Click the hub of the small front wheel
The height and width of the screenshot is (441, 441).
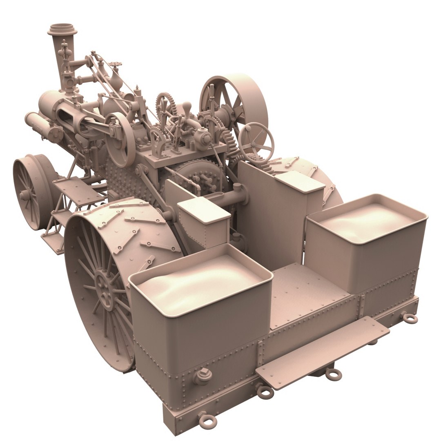(25, 195)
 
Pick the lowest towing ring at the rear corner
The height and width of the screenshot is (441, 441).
(207, 420)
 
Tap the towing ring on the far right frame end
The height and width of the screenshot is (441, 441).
(408, 317)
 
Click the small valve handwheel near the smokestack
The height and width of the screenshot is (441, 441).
(117, 65)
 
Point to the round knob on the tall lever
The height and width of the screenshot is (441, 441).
(186, 107)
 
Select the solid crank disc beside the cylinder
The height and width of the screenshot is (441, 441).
(119, 139)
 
